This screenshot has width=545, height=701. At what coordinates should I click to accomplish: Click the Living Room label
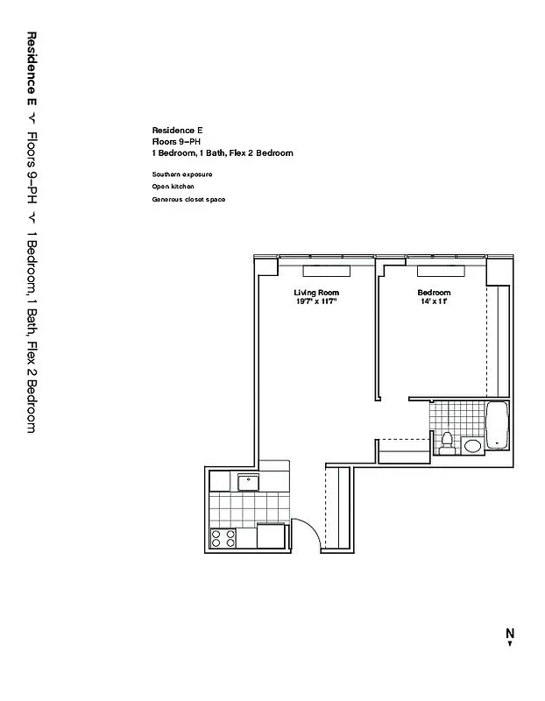pos(315,292)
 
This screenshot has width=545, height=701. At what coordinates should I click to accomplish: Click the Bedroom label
pos(434,292)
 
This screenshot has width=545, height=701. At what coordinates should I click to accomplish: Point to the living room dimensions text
pos(315,301)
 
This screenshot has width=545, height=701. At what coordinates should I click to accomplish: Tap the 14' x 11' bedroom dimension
pos(434,301)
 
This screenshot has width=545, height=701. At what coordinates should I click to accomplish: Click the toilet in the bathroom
pos(447,441)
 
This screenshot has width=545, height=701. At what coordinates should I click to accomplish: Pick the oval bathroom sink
pos(472,446)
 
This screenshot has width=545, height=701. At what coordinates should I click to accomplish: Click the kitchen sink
pos(246,480)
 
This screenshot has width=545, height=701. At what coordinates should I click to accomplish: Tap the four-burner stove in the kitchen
pos(223,538)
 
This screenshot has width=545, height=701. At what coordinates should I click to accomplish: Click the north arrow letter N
pos(509,634)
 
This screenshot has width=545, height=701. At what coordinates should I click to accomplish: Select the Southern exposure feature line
pos(181,174)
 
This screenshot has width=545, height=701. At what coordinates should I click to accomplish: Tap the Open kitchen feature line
pos(173,187)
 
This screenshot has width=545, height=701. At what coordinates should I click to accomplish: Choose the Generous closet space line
pos(188,200)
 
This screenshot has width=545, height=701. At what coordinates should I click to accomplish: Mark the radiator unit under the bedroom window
pos(440,271)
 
